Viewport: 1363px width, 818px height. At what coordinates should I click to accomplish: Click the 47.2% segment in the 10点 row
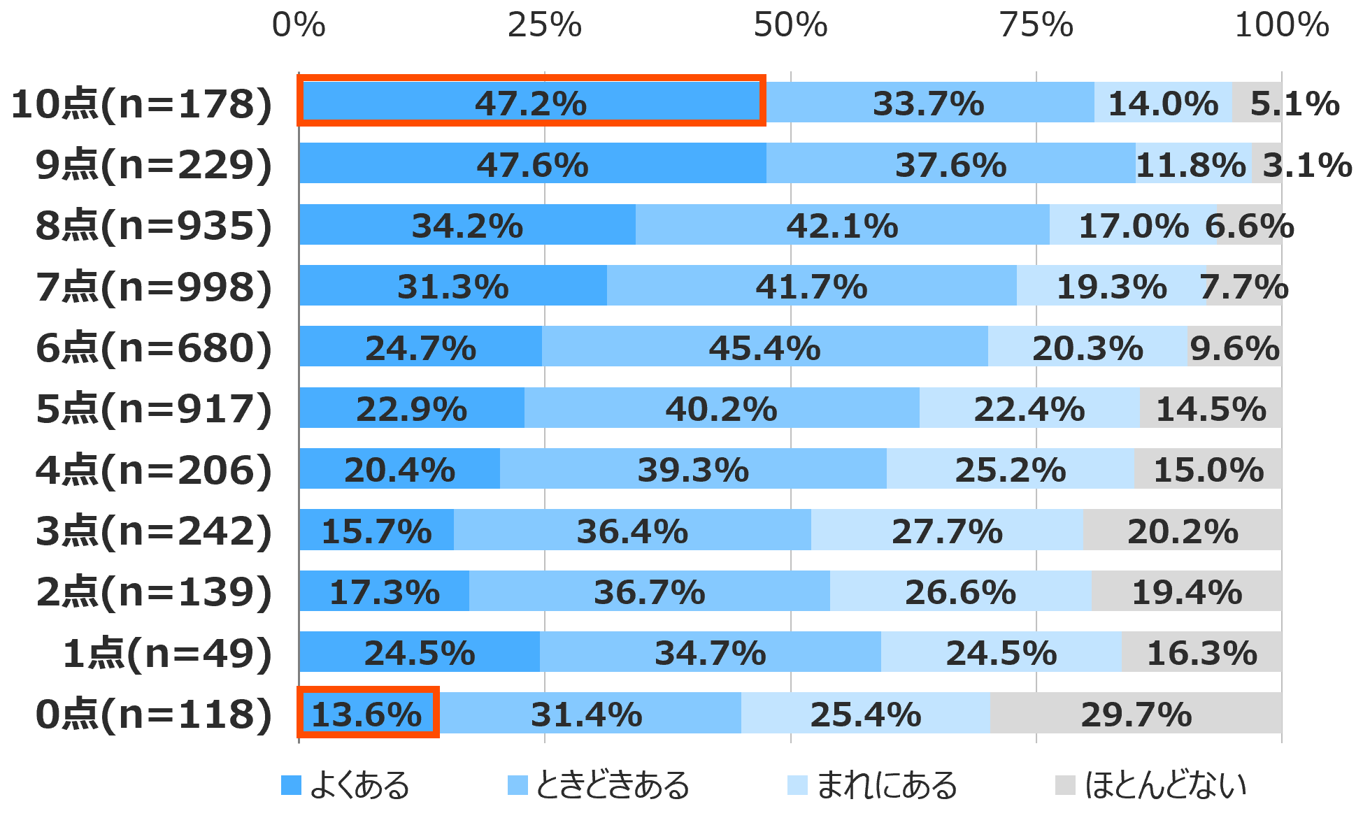click(x=531, y=103)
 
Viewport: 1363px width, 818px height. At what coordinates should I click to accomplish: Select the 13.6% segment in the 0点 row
click(x=368, y=714)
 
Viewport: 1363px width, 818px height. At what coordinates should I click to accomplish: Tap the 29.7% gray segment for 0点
click(x=1136, y=714)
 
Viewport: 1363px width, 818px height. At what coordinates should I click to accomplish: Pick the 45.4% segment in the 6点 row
click(x=764, y=347)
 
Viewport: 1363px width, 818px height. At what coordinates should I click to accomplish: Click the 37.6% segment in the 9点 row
click(x=950, y=164)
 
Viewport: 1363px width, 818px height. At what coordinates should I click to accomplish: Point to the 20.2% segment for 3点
click(x=1183, y=531)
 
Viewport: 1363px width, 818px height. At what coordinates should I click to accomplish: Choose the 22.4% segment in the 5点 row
click(x=1029, y=408)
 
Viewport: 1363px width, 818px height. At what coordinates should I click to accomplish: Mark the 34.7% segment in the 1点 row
click(x=710, y=652)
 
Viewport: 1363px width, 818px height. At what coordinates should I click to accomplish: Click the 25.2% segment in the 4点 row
click(x=1010, y=469)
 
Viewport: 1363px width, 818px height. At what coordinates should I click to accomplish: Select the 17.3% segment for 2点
click(x=385, y=591)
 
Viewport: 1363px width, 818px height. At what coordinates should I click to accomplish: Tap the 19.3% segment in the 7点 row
click(x=1111, y=286)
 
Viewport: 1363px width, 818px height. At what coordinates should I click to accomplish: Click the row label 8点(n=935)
click(x=154, y=226)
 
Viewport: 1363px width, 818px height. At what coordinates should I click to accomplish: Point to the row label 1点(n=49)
click(x=167, y=653)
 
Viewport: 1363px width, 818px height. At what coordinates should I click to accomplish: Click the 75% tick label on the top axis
click(x=1036, y=25)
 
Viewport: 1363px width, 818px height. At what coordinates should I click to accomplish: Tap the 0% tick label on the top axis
click(x=299, y=25)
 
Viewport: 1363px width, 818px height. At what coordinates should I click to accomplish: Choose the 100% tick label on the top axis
click(x=1281, y=25)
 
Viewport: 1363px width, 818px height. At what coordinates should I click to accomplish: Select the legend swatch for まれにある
click(x=797, y=785)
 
